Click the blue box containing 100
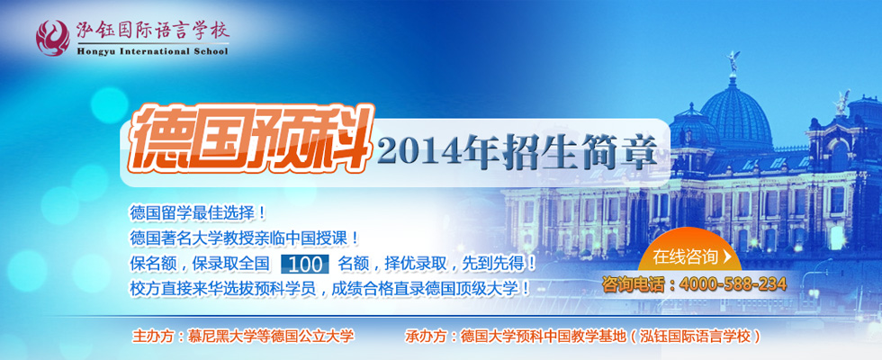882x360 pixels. coord(307,264)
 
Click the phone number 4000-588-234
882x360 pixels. coord(733,284)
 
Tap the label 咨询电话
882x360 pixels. coord(635,284)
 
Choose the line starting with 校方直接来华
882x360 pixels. coord(329,288)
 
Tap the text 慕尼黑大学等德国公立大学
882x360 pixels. coord(271,336)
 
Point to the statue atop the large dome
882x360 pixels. coord(733,61)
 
